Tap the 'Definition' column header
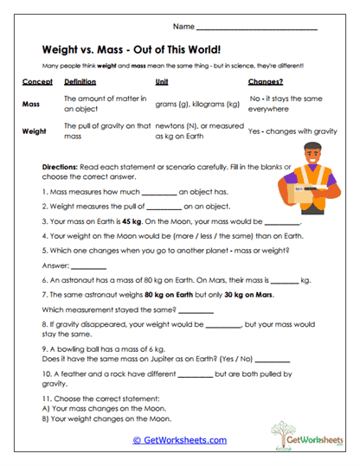click(80, 82)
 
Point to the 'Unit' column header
click(161, 82)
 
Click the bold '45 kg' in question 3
click(132, 220)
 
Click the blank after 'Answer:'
click(88, 267)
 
